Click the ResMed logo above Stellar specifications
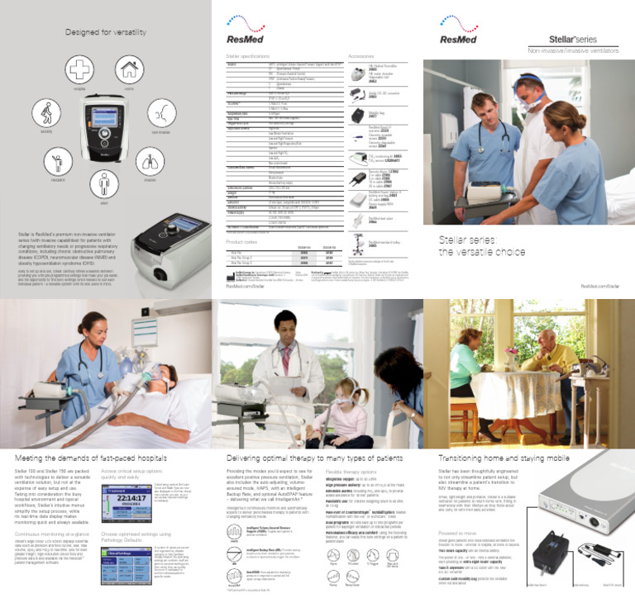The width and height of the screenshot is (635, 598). pos(243,37)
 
